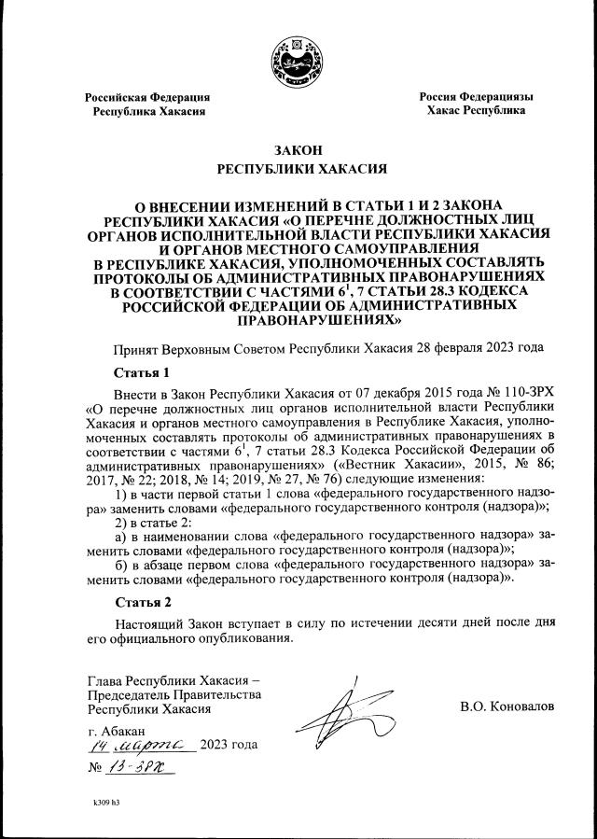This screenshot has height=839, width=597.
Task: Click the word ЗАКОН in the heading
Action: (x=298, y=149)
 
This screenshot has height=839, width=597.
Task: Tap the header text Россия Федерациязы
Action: (x=476, y=96)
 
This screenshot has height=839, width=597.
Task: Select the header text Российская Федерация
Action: (x=147, y=97)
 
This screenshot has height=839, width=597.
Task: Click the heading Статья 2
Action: (x=135, y=601)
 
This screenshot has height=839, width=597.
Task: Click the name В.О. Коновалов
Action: (x=507, y=706)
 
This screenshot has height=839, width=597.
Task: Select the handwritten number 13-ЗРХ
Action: (x=142, y=767)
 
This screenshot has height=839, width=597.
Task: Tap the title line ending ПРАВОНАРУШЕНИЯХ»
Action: (x=298, y=319)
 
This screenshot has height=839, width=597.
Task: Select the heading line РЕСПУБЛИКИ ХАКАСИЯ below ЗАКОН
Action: (x=298, y=170)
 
